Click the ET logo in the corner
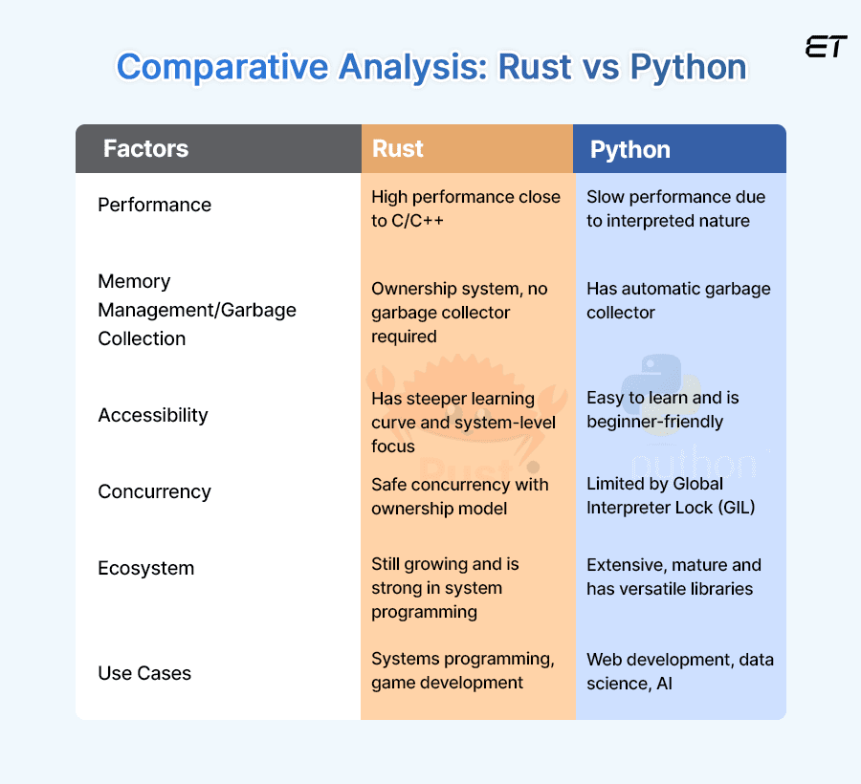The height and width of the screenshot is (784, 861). [826, 48]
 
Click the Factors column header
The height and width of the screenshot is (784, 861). [145, 149]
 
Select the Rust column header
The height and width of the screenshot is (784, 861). [398, 149]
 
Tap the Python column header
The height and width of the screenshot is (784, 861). [629, 150]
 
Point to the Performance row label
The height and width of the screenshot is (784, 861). [154, 205]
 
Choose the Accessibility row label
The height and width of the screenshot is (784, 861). [152, 415]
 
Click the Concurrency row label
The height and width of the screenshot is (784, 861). [154, 491]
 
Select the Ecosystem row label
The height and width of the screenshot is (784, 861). [145, 568]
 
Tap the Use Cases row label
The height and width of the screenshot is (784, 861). [144, 673]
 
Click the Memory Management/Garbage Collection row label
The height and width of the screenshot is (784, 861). [197, 310]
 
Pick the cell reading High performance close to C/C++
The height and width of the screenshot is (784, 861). [465, 208]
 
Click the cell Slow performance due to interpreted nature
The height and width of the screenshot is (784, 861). [675, 208]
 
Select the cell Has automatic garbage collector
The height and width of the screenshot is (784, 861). [677, 300]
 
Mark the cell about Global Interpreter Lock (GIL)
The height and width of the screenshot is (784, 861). [671, 495]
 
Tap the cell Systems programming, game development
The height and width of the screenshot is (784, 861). [462, 670]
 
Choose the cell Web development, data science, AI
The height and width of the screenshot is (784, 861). [679, 671]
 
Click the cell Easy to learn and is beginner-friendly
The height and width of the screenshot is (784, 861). [662, 409]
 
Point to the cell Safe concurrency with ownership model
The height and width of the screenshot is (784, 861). [459, 496]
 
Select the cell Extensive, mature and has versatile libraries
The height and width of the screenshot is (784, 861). [673, 577]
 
